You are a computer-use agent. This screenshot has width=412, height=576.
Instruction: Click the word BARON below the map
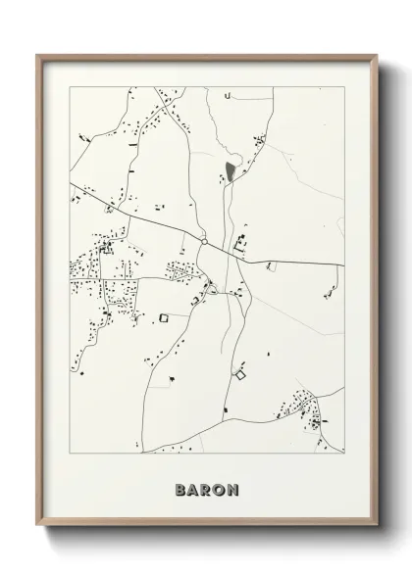(x=206, y=489)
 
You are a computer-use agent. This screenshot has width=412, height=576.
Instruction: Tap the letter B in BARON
(x=180, y=489)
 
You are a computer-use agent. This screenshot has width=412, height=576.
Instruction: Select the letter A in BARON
(x=193, y=489)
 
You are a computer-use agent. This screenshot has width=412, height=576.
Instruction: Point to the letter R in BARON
(x=206, y=489)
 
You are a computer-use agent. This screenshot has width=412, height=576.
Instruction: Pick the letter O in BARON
(x=219, y=489)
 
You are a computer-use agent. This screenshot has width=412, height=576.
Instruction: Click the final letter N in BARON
(x=232, y=489)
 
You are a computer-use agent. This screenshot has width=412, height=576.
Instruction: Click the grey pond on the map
(x=230, y=172)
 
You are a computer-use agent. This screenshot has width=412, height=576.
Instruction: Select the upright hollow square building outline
(x=165, y=316)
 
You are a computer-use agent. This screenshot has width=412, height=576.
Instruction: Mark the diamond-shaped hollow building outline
(x=238, y=372)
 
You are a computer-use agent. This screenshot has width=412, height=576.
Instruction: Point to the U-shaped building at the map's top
(x=227, y=96)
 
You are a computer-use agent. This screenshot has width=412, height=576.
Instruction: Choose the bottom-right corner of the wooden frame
(x=376, y=526)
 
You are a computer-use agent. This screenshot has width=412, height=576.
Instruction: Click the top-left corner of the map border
(x=68, y=87)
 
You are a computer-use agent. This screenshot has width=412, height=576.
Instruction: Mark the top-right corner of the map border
(x=345, y=87)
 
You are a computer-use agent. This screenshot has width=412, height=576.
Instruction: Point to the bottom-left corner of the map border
(x=68, y=454)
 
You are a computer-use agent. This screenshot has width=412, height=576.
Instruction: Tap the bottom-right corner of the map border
(x=345, y=454)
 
